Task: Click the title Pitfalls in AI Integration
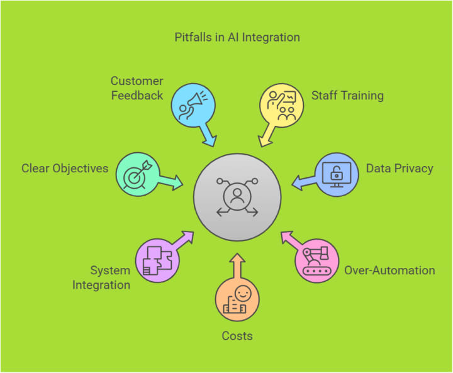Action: click(x=237, y=37)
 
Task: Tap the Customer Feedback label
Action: click(x=137, y=88)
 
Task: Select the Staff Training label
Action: click(x=347, y=96)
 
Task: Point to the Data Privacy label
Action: click(x=400, y=169)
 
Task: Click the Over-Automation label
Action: click(x=389, y=270)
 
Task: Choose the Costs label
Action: click(x=237, y=336)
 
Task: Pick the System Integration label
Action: click(x=101, y=277)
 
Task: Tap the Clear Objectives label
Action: click(x=65, y=169)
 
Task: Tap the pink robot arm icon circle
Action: click(x=317, y=260)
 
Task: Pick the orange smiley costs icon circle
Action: click(x=237, y=298)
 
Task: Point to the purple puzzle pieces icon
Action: click(x=157, y=260)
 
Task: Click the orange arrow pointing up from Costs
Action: click(x=237, y=265)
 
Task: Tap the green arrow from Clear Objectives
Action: click(x=170, y=181)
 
